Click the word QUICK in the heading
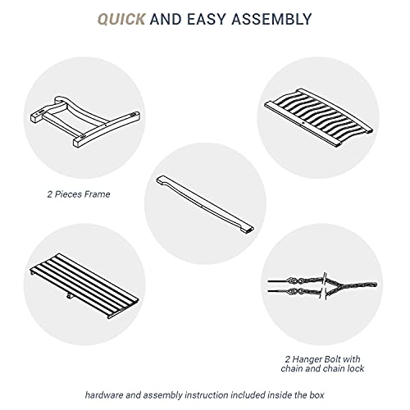click(x=121, y=19)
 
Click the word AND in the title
click(x=166, y=19)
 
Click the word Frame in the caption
click(x=97, y=194)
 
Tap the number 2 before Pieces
click(x=49, y=194)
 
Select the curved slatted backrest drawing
click(x=318, y=117)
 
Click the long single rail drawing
click(x=205, y=204)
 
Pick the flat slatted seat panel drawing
click(x=84, y=285)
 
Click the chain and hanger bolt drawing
click(x=322, y=285)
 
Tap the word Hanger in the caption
click(x=307, y=359)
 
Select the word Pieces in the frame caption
click(x=68, y=194)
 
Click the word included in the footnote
click(x=248, y=395)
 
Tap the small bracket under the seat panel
click(x=70, y=296)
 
